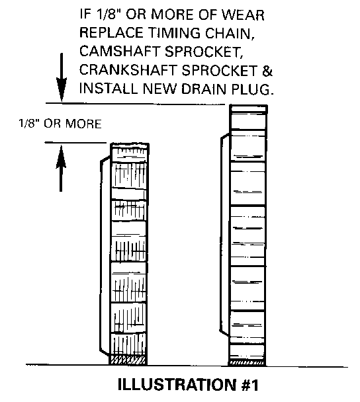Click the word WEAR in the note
point(243,15)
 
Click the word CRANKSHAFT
point(128,70)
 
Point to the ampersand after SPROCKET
point(267,70)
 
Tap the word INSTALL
point(109,89)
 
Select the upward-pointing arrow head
point(61,157)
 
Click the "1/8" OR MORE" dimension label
point(60,124)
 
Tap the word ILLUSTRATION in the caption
point(177,385)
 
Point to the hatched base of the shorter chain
point(128,360)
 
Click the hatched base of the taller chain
point(247,362)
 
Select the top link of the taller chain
point(248,109)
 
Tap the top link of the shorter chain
point(130,149)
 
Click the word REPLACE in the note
point(112,33)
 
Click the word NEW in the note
point(159,89)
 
